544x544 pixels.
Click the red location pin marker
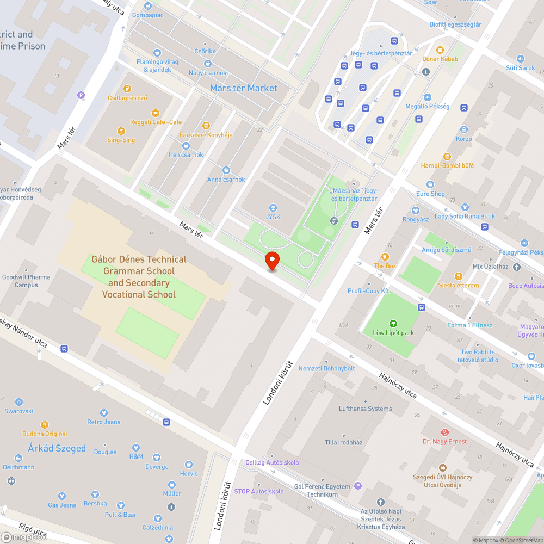(272, 261)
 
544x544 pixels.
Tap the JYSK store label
(273, 217)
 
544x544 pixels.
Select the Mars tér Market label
(243, 88)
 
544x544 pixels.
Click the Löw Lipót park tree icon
(393, 323)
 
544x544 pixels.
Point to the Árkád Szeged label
(57, 448)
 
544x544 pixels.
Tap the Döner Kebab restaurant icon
(440, 50)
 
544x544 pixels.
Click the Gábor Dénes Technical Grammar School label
(139, 277)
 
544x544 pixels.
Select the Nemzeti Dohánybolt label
(326, 368)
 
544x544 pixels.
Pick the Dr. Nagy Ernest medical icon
(444, 432)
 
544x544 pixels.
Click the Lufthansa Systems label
(365, 409)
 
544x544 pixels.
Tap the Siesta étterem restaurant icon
(458, 276)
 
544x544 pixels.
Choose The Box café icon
(385, 257)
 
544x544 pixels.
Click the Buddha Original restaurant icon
(45, 425)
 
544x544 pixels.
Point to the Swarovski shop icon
(19, 402)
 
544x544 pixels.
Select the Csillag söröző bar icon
(127, 89)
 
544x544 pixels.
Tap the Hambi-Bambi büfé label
(447, 165)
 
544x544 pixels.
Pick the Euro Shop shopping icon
(430, 184)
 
